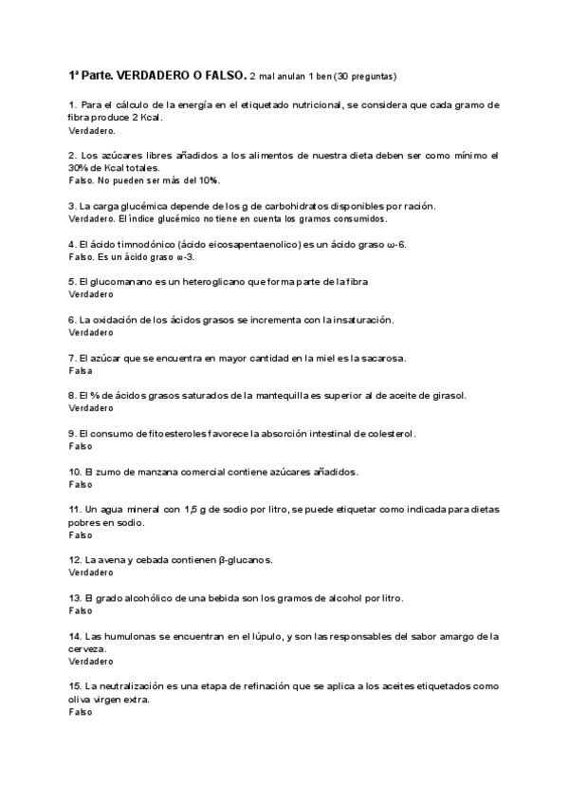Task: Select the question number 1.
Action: (x=72, y=104)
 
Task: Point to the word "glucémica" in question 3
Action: (x=154, y=205)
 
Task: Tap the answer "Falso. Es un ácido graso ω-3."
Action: (x=131, y=256)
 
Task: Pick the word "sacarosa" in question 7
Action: (x=380, y=358)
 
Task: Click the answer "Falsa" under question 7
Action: (x=81, y=371)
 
